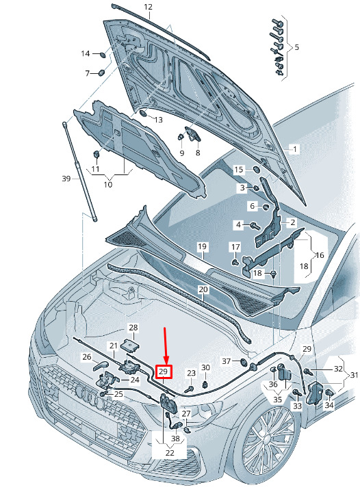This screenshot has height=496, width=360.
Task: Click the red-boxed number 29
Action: pos(164,372)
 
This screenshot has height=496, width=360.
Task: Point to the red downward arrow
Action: pos(165,346)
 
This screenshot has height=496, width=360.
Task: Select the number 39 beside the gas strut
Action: pos(66,179)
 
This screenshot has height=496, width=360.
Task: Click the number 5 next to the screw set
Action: pos(296,47)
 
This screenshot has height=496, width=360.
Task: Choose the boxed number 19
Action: pos(202,247)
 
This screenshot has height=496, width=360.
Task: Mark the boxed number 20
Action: pos(203,289)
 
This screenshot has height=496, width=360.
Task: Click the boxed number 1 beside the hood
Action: pos(295,149)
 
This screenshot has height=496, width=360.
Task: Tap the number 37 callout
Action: pos(226,361)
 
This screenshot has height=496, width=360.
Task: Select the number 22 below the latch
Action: pos(170,453)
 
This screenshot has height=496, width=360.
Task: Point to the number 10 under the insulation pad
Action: pos(108,184)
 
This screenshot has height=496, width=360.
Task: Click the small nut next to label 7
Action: pos(101,73)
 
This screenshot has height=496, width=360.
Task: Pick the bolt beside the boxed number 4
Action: pos(255,226)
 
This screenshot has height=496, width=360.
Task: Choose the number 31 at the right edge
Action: pos(355,375)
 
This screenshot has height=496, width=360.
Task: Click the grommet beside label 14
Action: pos(103,55)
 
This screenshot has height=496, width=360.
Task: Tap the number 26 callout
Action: pos(87,357)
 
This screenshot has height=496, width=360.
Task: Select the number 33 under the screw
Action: pos(297,406)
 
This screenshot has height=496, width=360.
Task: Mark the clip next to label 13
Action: pos(143,114)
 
